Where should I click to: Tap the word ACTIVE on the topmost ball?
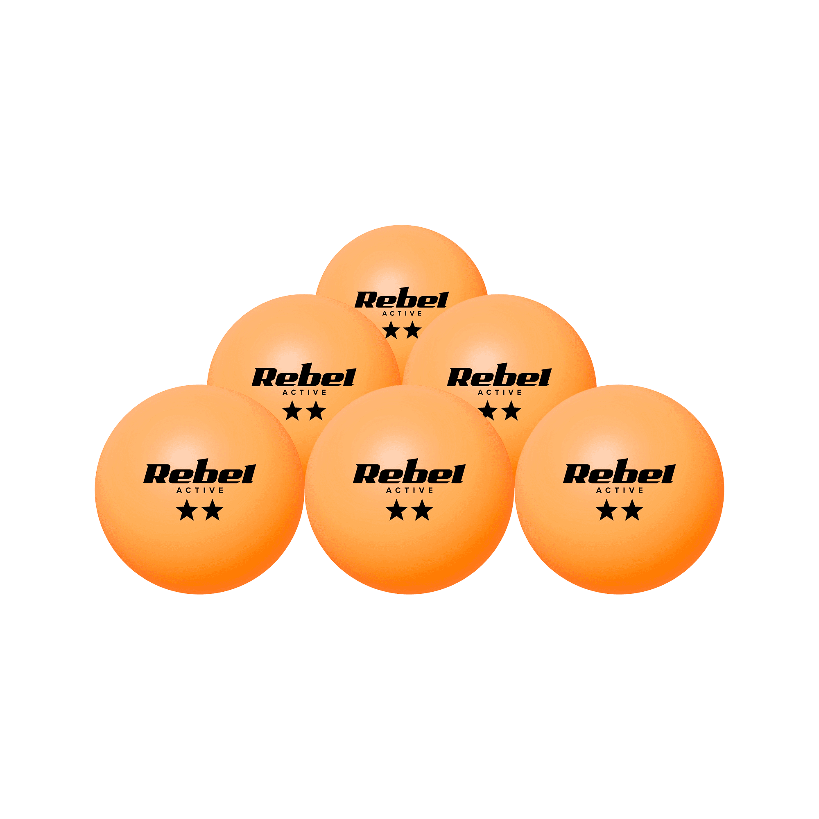click(402, 314)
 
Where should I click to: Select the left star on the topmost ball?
click(391, 330)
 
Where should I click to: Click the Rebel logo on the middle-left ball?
click(304, 375)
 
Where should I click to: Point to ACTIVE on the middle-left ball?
click(304, 393)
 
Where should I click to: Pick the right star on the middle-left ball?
click(316, 410)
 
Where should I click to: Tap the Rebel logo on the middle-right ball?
click(499, 375)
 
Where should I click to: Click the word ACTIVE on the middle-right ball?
click(500, 393)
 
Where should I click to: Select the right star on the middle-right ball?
click(511, 410)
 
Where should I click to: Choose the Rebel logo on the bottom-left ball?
click(200, 471)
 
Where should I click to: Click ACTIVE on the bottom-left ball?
click(200, 491)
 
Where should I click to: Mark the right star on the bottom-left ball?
click(213, 509)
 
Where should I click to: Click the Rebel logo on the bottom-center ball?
click(409, 471)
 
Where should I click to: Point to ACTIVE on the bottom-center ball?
click(409, 491)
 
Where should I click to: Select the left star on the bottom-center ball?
click(396, 509)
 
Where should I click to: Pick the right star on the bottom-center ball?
click(422, 509)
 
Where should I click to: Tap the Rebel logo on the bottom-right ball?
click(619, 471)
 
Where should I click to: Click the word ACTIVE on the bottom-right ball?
click(620, 491)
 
